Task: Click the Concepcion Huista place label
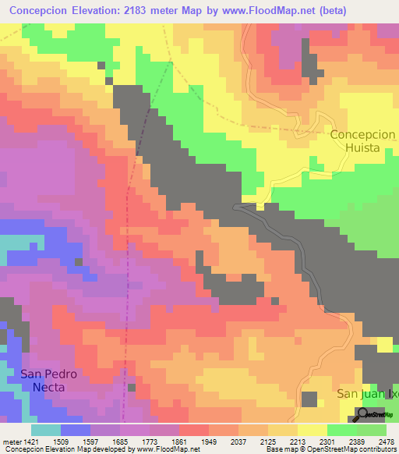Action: [363, 140]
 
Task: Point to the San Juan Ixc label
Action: [367, 394]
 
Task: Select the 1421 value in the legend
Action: [24, 441]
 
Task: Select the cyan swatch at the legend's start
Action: [46, 430]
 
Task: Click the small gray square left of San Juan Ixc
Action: [309, 399]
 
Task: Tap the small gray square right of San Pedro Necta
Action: [131, 388]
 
